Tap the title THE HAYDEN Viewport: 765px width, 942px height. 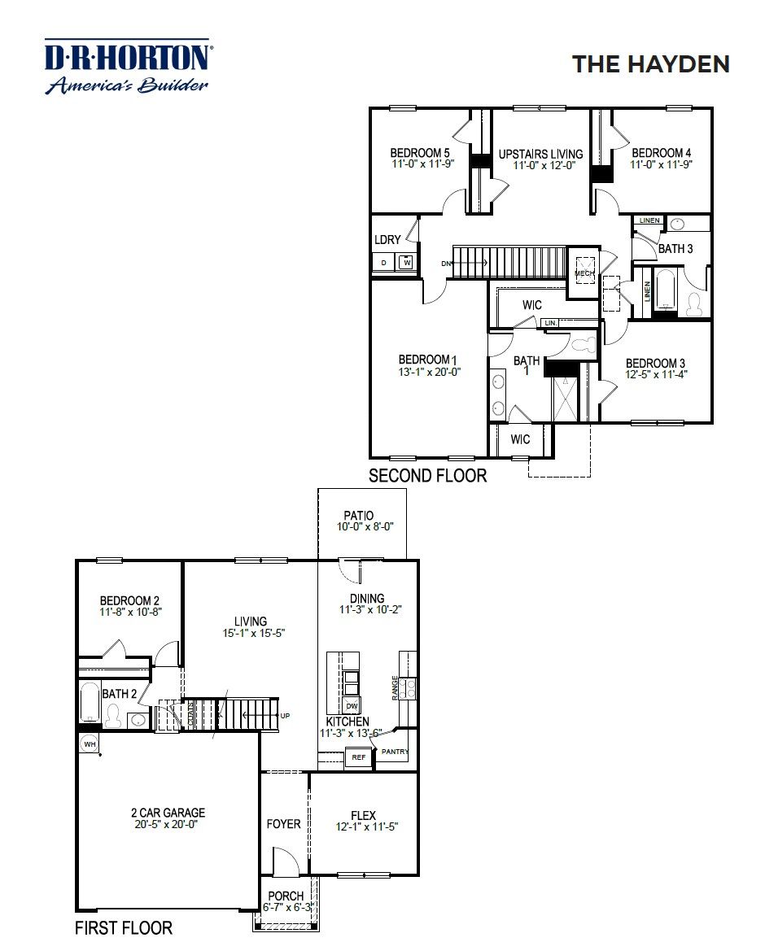point(650,64)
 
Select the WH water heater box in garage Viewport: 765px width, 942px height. point(89,744)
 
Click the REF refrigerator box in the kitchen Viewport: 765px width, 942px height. point(357,757)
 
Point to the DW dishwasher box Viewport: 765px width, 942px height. point(352,705)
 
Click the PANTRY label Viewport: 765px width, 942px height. point(395,752)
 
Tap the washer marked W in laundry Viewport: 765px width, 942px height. point(406,263)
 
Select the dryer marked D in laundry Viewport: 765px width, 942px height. point(383,263)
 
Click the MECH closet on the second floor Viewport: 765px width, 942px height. point(584,273)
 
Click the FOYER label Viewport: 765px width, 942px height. point(283,824)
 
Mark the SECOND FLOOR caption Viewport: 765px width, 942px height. point(427,476)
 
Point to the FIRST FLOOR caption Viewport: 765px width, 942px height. point(124,927)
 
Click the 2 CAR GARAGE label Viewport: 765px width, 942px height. point(168,812)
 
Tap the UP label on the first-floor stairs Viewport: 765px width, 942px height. point(285,717)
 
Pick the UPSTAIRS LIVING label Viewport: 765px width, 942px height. point(540,154)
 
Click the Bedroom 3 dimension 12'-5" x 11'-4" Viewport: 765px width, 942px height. point(655,374)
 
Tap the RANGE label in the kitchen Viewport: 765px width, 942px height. point(396,687)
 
